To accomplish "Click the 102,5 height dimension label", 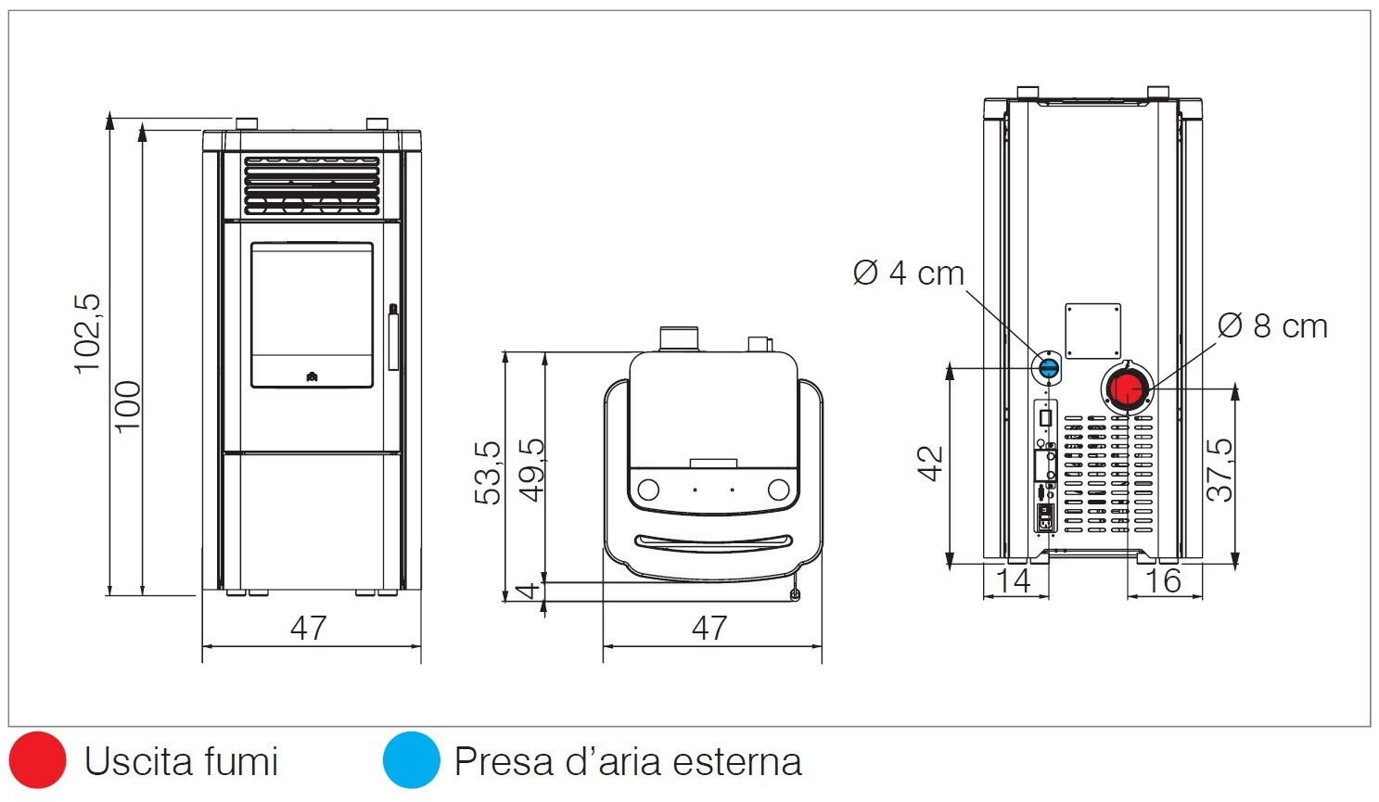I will click(88, 333).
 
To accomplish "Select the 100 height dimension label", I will click(129, 405).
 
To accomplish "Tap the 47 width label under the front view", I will click(309, 629).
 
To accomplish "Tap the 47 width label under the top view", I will click(709, 629).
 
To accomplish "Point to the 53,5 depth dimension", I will click(489, 473).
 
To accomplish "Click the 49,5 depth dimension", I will click(531, 469).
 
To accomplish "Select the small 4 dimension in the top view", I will click(527, 591).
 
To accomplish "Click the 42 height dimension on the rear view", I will click(930, 464).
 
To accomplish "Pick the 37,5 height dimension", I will click(1220, 470).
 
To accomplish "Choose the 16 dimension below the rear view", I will click(1163, 581).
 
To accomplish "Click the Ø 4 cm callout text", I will click(909, 274).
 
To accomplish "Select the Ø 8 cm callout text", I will click(1272, 326).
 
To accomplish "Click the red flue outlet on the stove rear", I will click(1128, 389).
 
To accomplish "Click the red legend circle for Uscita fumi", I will click(38, 760).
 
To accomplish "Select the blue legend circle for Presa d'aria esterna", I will click(411, 760).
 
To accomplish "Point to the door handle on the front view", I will click(393, 337).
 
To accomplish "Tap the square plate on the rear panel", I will click(1092, 331).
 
